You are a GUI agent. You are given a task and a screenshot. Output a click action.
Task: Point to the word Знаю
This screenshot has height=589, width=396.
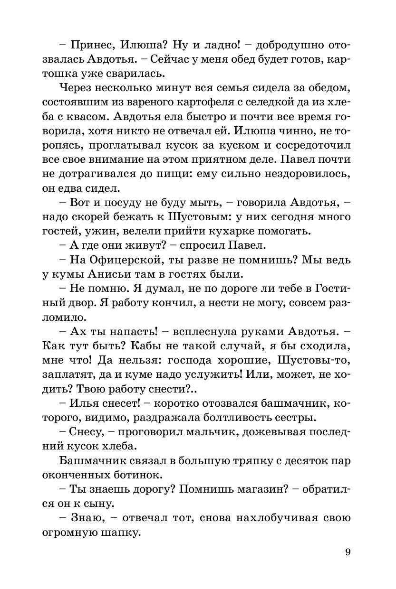[86, 518]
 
